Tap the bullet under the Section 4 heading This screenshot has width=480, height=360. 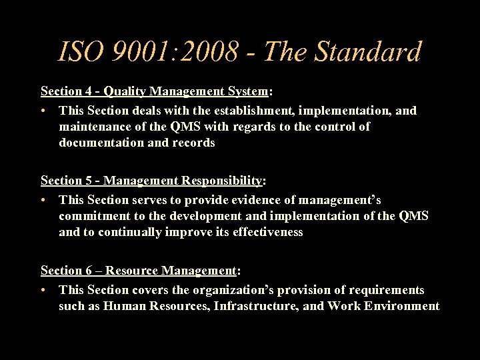(43, 111)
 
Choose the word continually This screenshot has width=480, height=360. (130, 232)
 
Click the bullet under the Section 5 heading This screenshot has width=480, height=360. (43, 201)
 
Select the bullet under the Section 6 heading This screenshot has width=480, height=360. (43, 291)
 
